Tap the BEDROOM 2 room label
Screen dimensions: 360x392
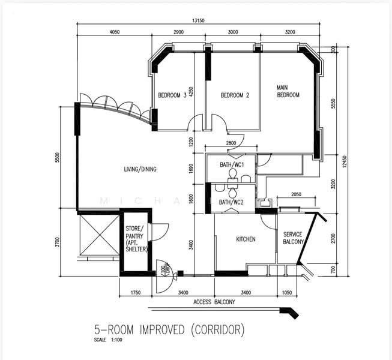235,95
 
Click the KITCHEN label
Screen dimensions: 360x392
246,239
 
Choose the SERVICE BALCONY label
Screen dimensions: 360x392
294,238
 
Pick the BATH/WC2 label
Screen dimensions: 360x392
231,202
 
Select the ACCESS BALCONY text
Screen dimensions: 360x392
214,302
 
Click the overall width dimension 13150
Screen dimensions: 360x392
199,20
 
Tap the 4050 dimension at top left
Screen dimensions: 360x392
115,31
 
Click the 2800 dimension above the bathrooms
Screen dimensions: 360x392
231,143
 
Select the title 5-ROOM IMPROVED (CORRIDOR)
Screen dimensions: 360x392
169,329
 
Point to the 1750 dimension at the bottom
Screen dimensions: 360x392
135,293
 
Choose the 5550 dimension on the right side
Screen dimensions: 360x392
334,104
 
